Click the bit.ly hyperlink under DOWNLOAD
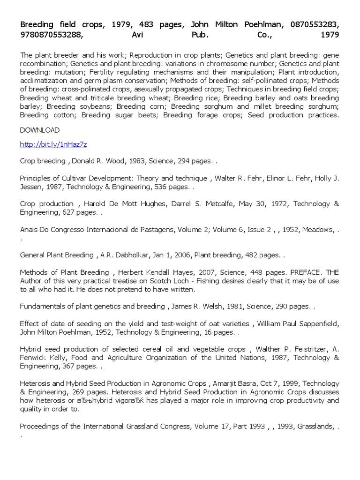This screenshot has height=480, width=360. tap(53, 145)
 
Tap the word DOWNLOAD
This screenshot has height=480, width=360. tap(40, 130)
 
